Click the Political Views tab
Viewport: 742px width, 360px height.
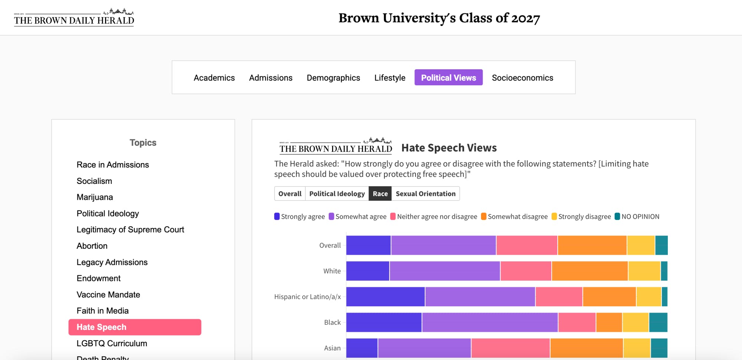(x=448, y=77)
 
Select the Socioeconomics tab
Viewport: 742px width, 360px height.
(x=522, y=78)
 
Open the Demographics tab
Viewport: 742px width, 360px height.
(x=333, y=78)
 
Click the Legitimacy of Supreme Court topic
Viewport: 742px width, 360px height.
(x=130, y=229)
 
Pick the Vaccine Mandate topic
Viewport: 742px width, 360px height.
(x=108, y=294)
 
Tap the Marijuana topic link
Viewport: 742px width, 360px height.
(x=95, y=197)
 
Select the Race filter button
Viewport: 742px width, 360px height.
(x=380, y=194)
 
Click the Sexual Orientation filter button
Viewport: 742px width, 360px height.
(x=426, y=194)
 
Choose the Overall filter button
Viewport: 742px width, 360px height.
(x=290, y=194)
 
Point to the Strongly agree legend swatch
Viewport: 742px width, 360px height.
(x=277, y=217)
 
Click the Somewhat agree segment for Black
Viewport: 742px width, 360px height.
(x=490, y=322)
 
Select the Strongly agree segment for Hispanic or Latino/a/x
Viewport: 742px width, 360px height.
(x=385, y=297)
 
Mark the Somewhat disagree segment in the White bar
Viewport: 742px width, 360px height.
(x=590, y=271)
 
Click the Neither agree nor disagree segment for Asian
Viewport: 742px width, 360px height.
(x=510, y=348)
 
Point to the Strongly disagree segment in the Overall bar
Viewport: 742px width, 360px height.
(x=641, y=245)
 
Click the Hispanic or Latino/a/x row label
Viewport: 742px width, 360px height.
(x=307, y=297)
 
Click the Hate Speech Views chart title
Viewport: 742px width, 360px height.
(x=449, y=148)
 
